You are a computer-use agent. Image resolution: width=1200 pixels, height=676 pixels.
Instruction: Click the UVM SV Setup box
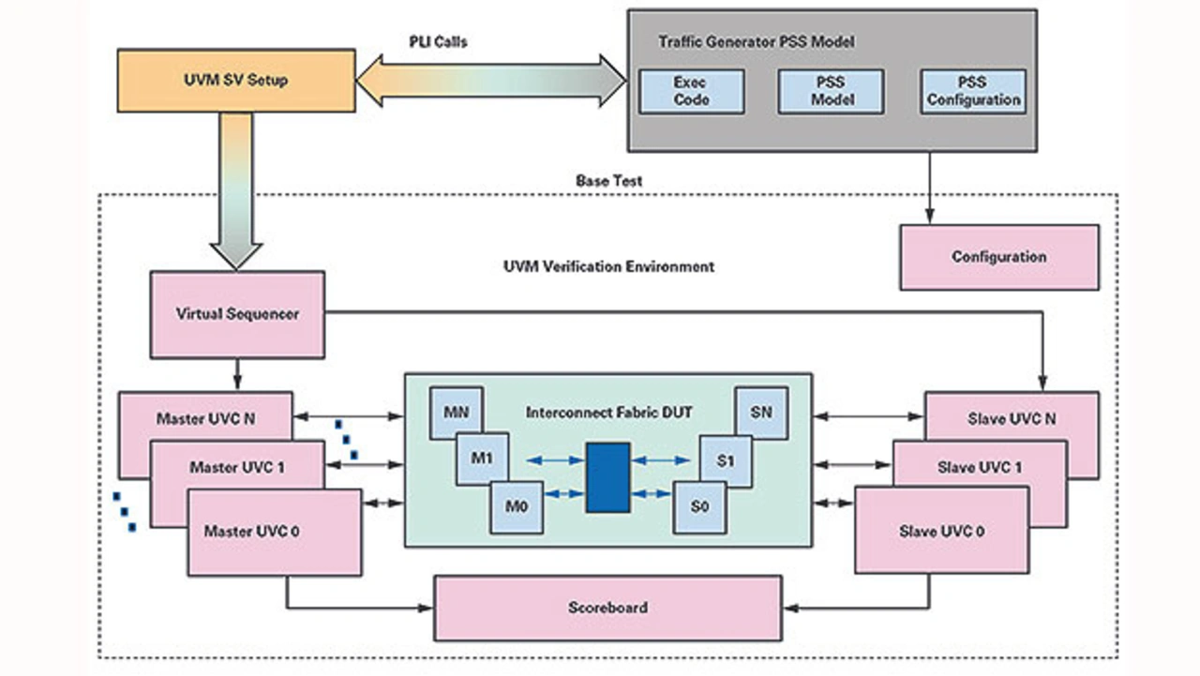[235, 81]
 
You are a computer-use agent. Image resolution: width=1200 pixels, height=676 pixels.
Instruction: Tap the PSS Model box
[830, 91]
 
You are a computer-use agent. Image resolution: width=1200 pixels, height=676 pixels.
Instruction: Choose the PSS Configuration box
[973, 91]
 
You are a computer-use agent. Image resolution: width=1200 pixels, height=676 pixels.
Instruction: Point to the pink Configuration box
[998, 257]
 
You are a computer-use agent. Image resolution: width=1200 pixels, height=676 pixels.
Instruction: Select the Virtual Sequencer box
[237, 314]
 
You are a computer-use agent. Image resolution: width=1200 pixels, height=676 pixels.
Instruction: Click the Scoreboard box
[607, 608]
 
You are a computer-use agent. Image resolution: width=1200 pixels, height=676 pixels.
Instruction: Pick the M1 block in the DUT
[482, 458]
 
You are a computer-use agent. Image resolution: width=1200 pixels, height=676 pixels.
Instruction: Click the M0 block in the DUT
[517, 506]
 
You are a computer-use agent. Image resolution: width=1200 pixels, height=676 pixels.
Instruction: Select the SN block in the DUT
[760, 412]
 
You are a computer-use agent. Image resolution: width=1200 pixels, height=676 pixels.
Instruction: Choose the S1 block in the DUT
[726, 460]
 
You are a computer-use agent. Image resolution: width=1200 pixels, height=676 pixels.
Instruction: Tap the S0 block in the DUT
[698, 507]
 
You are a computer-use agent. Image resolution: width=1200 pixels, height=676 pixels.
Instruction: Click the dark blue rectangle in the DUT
[607, 477]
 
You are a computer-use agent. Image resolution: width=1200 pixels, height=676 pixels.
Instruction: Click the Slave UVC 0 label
[942, 531]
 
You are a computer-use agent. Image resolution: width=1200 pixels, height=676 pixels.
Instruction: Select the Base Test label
[608, 180]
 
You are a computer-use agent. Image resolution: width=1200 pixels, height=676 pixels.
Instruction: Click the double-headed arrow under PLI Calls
[490, 81]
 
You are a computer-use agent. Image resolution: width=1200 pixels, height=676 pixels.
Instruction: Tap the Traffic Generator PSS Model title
[756, 42]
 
